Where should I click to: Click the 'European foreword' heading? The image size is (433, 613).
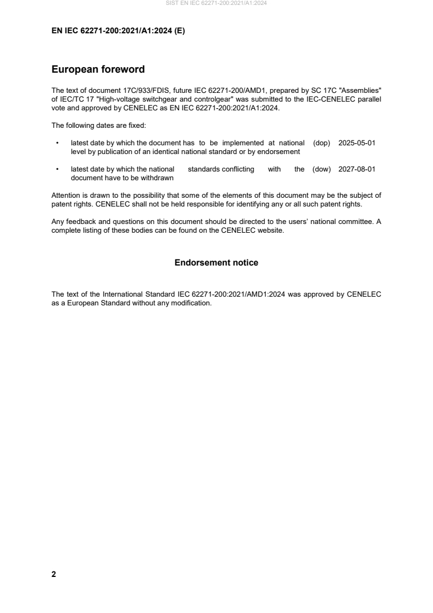tap(98, 69)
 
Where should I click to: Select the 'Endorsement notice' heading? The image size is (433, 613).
tap(216, 263)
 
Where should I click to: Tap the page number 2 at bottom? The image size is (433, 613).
tap(54, 574)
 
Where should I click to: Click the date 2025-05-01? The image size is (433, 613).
tap(357, 143)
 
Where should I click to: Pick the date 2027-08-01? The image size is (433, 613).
tap(357, 169)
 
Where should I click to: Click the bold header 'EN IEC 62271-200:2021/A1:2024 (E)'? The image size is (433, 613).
tap(118, 31)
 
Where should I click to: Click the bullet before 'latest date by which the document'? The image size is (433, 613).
tap(57, 143)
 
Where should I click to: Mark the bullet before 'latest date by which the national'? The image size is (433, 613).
tap(57, 169)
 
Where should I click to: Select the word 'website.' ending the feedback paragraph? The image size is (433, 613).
tap(270, 230)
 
